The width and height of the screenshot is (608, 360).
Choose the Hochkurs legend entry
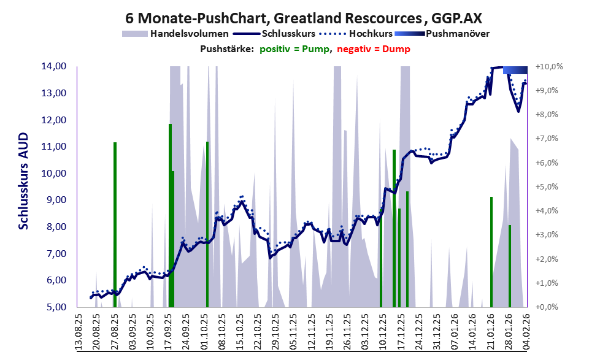point(371,34)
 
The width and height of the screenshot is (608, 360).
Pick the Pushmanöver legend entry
point(456,34)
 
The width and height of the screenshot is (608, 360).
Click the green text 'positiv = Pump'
point(295,48)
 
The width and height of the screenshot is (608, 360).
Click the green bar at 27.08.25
point(115,224)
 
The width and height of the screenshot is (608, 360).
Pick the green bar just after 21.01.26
point(491,251)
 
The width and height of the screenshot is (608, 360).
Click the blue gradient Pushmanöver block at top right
point(515,70)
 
